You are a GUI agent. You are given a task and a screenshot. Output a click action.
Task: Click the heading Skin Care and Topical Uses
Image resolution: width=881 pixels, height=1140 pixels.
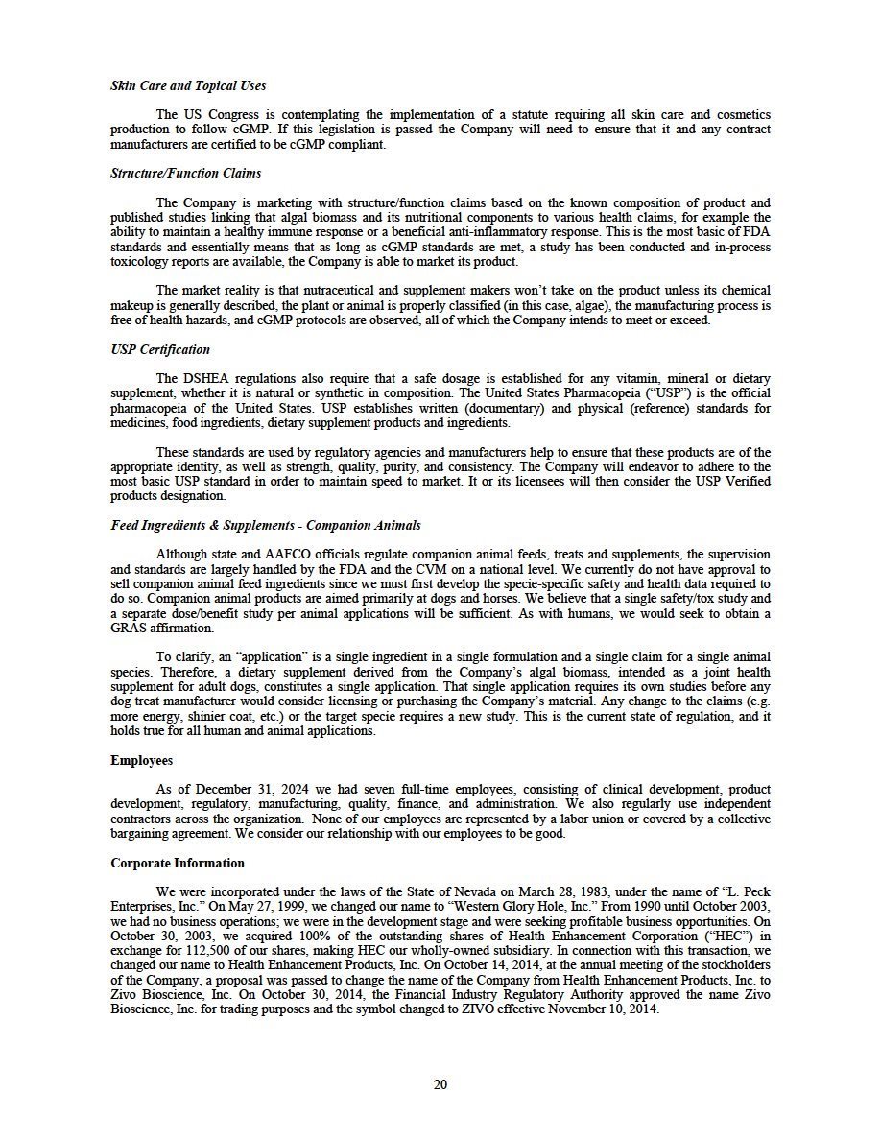click(188, 86)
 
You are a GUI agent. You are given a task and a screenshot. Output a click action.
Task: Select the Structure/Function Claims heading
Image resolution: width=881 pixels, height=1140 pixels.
click(185, 174)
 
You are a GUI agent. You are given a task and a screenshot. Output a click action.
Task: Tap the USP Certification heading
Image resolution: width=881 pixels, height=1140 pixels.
click(160, 349)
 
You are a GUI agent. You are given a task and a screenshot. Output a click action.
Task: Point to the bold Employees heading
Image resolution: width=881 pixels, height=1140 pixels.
click(142, 760)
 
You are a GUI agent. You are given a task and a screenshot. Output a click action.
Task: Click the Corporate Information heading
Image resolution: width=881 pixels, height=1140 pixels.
click(178, 864)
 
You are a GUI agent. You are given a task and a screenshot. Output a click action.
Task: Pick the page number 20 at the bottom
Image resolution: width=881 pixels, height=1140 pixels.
click(440, 1084)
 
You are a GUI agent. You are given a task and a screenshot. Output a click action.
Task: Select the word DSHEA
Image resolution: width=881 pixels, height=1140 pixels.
click(200, 378)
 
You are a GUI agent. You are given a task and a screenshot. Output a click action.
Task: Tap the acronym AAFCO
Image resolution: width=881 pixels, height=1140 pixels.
click(292, 555)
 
